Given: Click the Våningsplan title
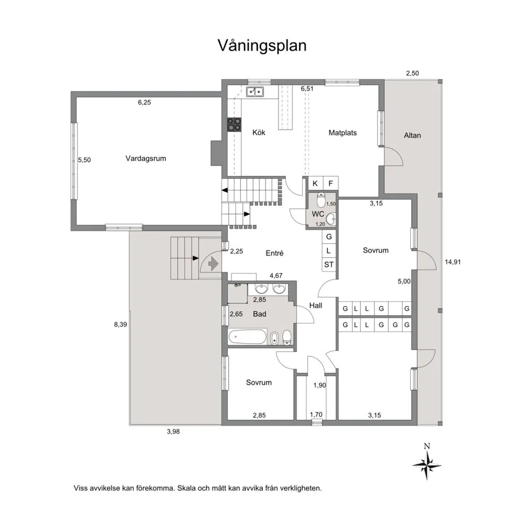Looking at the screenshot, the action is coord(262,46).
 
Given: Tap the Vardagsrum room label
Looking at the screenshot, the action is coord(146,159).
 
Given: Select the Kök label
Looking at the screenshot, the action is coord(259,132).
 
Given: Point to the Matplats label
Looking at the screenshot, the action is coord(342,133).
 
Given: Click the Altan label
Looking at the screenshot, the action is coord(412,135).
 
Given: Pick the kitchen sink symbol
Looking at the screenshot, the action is coord(255,91).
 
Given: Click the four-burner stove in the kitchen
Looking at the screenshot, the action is coord(234,124).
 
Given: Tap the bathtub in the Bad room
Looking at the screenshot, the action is coord(247,337).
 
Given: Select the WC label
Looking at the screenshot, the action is coord(318,214).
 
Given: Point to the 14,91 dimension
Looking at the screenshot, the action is coord(453,262).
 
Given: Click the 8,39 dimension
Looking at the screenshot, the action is coord(120,325).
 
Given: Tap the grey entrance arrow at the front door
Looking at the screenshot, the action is coord(213,263).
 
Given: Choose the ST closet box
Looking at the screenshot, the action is coord(329,264).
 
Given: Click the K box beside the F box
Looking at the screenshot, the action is coord(315,183).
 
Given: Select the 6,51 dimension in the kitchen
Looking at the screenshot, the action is coord(307,89).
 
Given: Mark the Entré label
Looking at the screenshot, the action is coord(274,253).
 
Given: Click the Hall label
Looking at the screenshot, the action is coord(316,305).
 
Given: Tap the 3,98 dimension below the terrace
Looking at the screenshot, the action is coord(173,431).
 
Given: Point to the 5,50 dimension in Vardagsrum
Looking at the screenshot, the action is coord(85,160).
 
